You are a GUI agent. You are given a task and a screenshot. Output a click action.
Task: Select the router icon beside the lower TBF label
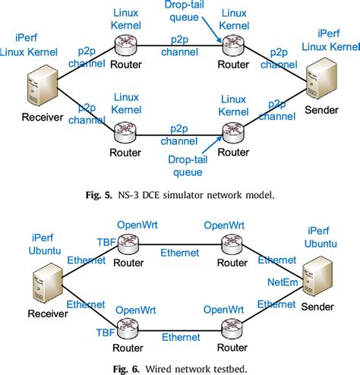[x=126, y=325]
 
